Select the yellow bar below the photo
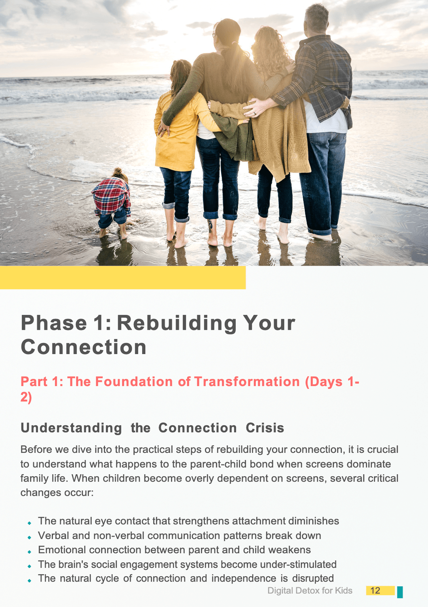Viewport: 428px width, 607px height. tap(122, 278)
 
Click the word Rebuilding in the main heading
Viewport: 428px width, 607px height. tap(177, 323)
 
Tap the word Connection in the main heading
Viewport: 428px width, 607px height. tap(84, 347)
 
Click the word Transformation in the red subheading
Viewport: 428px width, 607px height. tap(247, 382)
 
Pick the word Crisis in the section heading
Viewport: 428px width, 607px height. tap(265, 428)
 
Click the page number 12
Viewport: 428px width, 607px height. tap(375, 590)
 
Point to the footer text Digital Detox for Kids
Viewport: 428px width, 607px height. tap(310, 590)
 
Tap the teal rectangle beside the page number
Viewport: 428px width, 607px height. tap(400, 592)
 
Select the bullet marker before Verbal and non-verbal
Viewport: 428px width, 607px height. tap(29, 537)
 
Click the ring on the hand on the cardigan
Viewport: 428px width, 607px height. tap(255, 114)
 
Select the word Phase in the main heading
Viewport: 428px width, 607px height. tap(54, 323)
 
